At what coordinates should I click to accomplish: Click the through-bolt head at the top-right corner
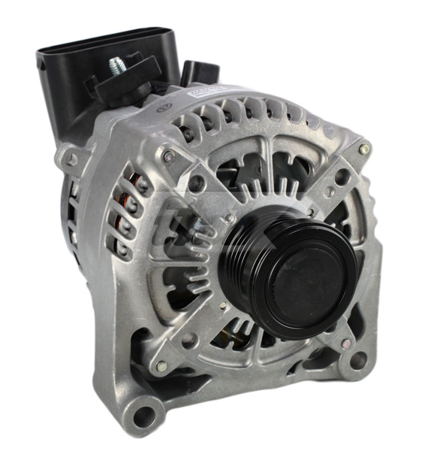click(364, 149)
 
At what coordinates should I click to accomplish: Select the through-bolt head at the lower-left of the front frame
click(161, 366)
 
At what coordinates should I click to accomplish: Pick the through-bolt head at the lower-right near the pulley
click(345, 342)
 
